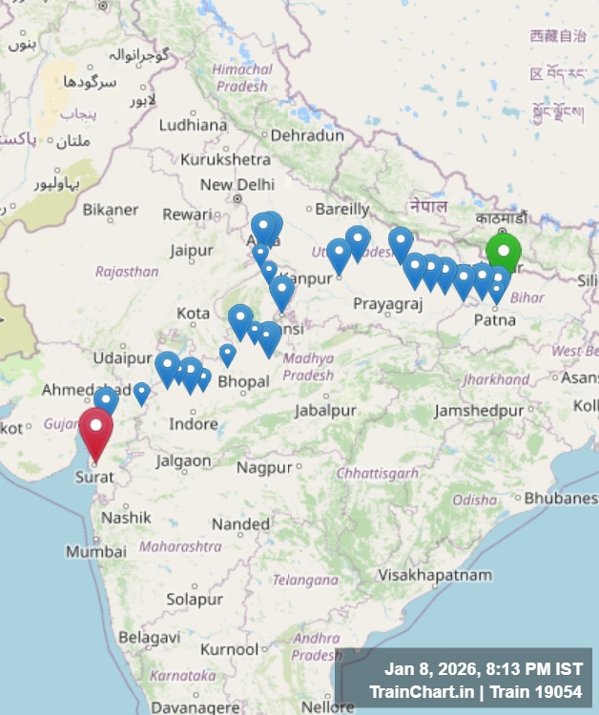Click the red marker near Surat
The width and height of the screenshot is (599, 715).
point(95,430)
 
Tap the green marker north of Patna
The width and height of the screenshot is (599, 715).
point(504,253)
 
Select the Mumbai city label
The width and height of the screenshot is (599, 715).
point(95,552)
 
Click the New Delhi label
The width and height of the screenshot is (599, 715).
point(237,185)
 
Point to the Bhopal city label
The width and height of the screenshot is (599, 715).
point(243,381)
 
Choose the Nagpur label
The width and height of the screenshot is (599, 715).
point(264,468)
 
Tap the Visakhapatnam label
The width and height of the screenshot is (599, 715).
point(434,576)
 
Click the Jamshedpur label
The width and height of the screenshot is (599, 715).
point(479,411)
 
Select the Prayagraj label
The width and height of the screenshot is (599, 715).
point(387,303)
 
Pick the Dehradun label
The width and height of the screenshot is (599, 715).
point(306,136)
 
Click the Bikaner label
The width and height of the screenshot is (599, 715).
point(111,210)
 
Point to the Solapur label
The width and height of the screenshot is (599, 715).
point(195,600)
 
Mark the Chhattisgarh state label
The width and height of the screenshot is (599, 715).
point(378,473)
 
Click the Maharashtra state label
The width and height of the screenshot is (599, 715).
point(180,547)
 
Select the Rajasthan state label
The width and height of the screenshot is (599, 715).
point(127,272)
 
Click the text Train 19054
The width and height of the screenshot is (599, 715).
point(534,690)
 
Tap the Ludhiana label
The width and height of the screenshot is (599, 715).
point(193,125)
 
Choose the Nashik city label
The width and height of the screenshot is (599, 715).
point(126,518)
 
